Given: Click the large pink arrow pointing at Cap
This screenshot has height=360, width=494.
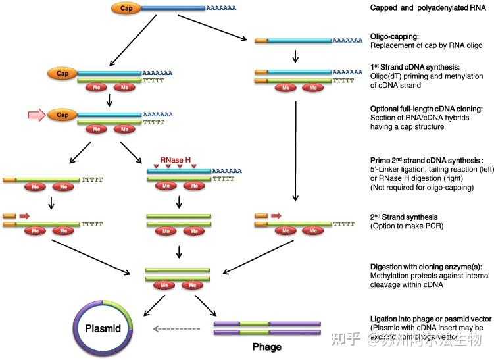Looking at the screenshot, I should click(x=37, y=115).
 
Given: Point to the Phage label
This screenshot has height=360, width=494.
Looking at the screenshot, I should click(x=268, y=346).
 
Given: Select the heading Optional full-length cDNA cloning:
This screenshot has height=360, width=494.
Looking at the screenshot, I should click(x=427, y=108).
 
